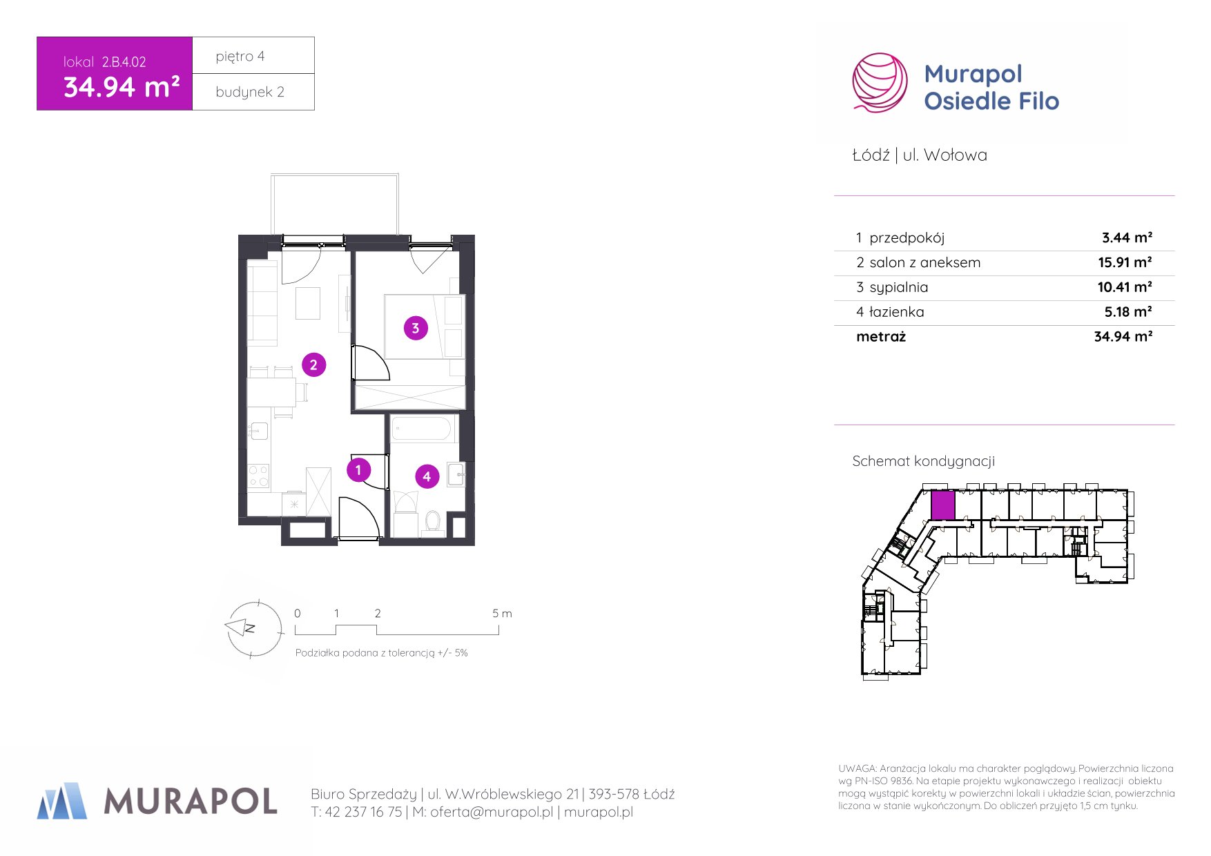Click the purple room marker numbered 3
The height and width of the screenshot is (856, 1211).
(x=416, y=328)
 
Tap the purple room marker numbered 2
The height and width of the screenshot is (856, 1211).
(x=313, y=364)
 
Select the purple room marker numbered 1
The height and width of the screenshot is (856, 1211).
(x=358, y=470)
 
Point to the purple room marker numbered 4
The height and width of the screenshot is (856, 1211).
(x=427, y=476)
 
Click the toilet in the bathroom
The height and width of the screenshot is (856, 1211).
(x=433, y=521)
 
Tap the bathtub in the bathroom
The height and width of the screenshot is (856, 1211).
(x=422, y=429)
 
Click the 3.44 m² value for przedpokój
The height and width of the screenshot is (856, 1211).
(x=1127, y=237)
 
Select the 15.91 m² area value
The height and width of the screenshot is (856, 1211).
(x=1125, y=262)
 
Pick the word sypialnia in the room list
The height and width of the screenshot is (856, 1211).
(x=899, y=288)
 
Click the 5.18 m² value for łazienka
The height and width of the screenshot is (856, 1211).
(x=1128, y=312)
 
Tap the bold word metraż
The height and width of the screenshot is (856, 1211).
(x=881, y=337)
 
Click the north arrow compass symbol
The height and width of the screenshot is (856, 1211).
(x=253, y=628)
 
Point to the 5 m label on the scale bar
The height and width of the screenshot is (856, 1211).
(x=502, y=613)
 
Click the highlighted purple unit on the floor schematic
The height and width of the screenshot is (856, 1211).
(x=942, y=505)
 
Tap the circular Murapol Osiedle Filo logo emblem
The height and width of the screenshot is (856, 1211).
(x=880, y=82)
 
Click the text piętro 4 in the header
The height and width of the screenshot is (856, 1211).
(x=240, y=57)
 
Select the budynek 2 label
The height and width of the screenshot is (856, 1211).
(x=250, y=93)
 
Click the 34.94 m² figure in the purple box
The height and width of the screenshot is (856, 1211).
(x=122, y=88)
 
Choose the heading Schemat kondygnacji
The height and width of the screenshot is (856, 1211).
(x=923, y=462)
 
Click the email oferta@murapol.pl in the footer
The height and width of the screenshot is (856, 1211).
(x=492, y=813)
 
